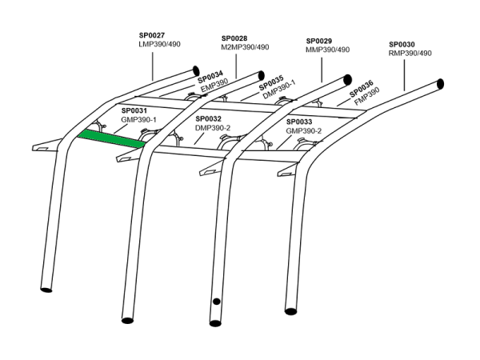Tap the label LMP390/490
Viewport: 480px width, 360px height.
tap(161, 45)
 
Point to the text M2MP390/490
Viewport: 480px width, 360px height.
tap(245, 47)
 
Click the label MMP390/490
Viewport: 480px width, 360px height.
tap(329, 50)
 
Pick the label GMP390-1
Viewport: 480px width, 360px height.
tap(138, 119)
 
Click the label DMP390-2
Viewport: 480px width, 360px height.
tap(213, 128)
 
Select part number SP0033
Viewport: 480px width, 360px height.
tap(298, 121)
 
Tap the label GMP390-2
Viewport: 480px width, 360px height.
tap(304, 130)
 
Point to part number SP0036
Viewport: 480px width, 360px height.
tap(361, 85)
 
